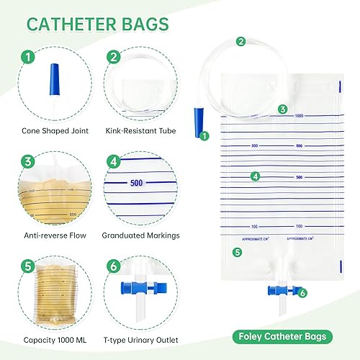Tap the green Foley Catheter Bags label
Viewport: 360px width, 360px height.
(288, 336)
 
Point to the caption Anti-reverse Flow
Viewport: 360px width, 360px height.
(50, 235)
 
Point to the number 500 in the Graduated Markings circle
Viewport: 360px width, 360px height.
(139, 183)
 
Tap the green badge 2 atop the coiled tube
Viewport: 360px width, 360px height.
(240, 42)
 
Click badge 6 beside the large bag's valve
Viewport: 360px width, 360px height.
(302, 292)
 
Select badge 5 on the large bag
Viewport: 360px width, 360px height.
(236, 252)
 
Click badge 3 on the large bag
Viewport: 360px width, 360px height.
(283, 109)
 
